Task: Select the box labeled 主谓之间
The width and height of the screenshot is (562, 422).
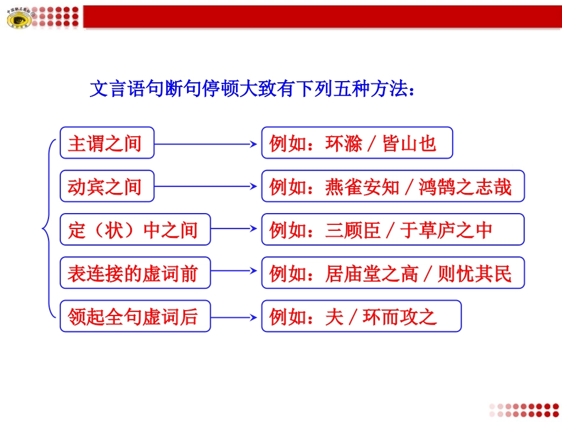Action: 106,143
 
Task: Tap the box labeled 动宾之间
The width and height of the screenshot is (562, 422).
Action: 106,186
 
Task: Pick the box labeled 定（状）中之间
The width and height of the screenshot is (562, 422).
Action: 135,230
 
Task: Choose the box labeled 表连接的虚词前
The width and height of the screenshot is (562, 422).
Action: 135,273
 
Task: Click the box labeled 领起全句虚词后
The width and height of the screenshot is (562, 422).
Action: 135,317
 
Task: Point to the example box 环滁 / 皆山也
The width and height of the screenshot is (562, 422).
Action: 357,143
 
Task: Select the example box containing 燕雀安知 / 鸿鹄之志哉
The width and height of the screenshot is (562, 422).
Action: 393,186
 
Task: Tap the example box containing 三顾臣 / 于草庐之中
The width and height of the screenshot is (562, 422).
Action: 393,230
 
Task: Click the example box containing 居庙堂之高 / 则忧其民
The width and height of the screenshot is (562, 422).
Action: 393,273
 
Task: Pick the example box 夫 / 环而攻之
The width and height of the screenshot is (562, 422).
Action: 361,317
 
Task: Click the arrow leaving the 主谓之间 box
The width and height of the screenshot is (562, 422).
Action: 207,143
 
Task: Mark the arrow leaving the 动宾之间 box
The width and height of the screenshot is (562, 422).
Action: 207,186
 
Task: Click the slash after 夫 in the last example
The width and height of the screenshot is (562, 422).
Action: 353,317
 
